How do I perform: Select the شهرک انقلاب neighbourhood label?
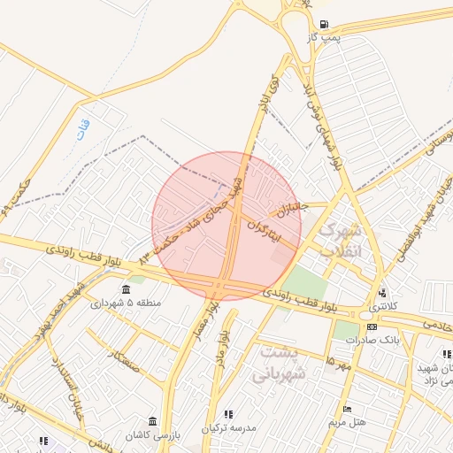tap(341, 238)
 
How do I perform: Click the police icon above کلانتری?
tap(381, 293)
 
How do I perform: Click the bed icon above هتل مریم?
tap(347, 409)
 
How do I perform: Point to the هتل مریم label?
tap(348, 422)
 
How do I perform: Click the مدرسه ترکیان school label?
tap(228, 427)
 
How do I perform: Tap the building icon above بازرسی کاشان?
tap(154, 419)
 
